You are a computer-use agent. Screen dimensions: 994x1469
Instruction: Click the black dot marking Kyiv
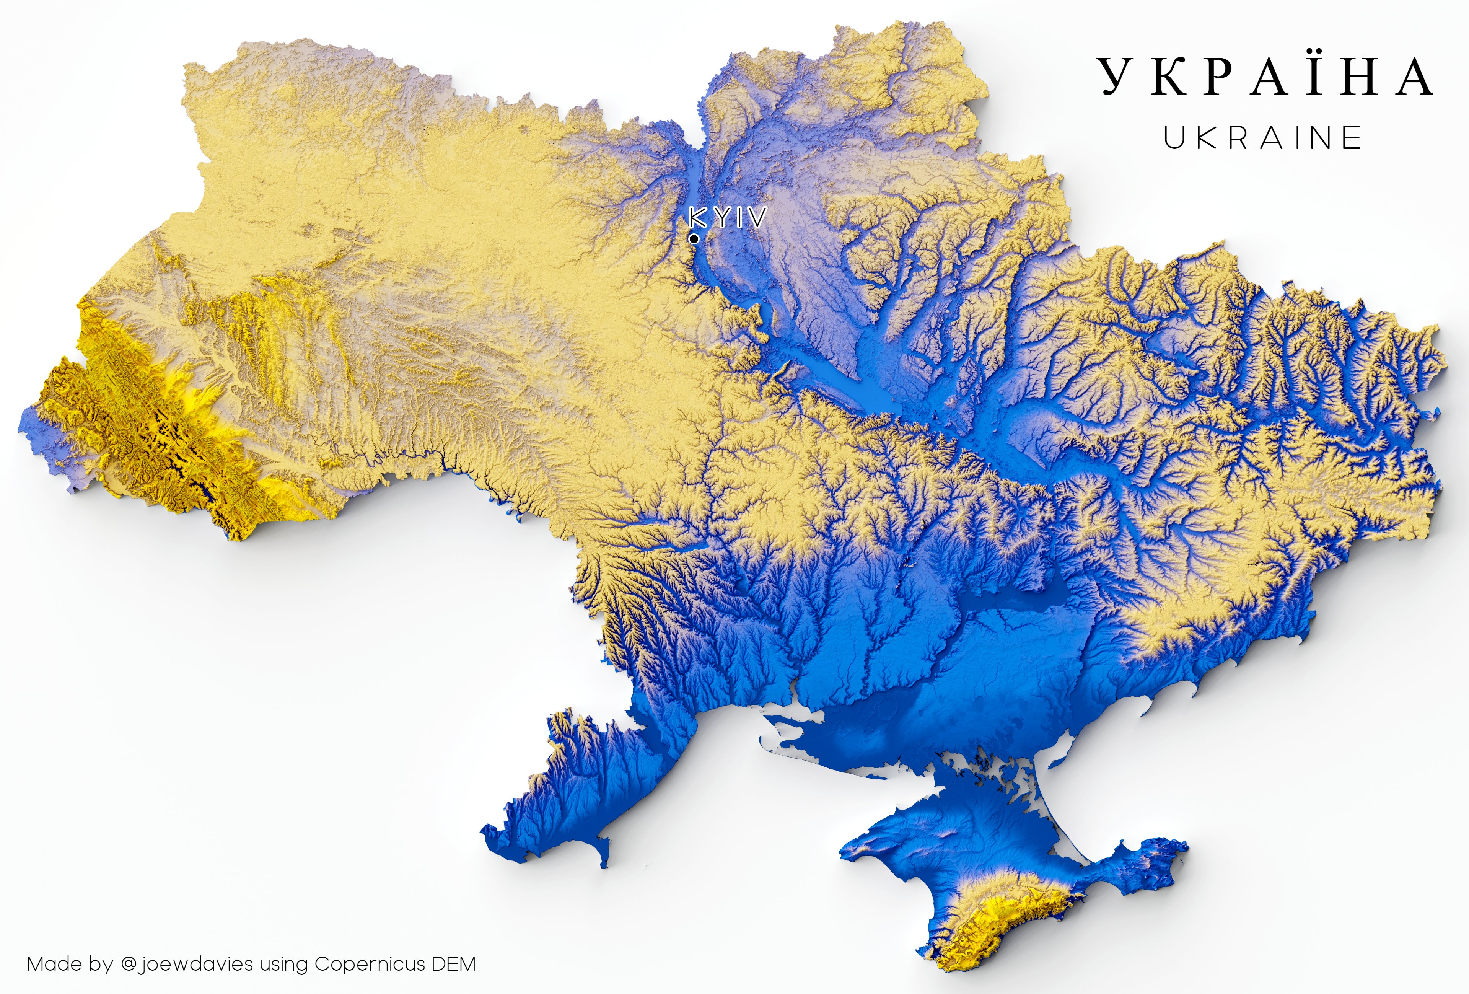[694, 239]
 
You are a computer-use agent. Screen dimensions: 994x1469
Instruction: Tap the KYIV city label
[728, 218]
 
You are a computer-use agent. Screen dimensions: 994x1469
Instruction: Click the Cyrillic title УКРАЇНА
[1265, 77]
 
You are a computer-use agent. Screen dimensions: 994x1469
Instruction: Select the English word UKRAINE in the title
[1262, 138]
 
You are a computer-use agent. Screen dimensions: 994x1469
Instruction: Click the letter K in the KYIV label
[698, 218]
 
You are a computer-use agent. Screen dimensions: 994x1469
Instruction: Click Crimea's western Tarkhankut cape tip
[847, 854]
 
